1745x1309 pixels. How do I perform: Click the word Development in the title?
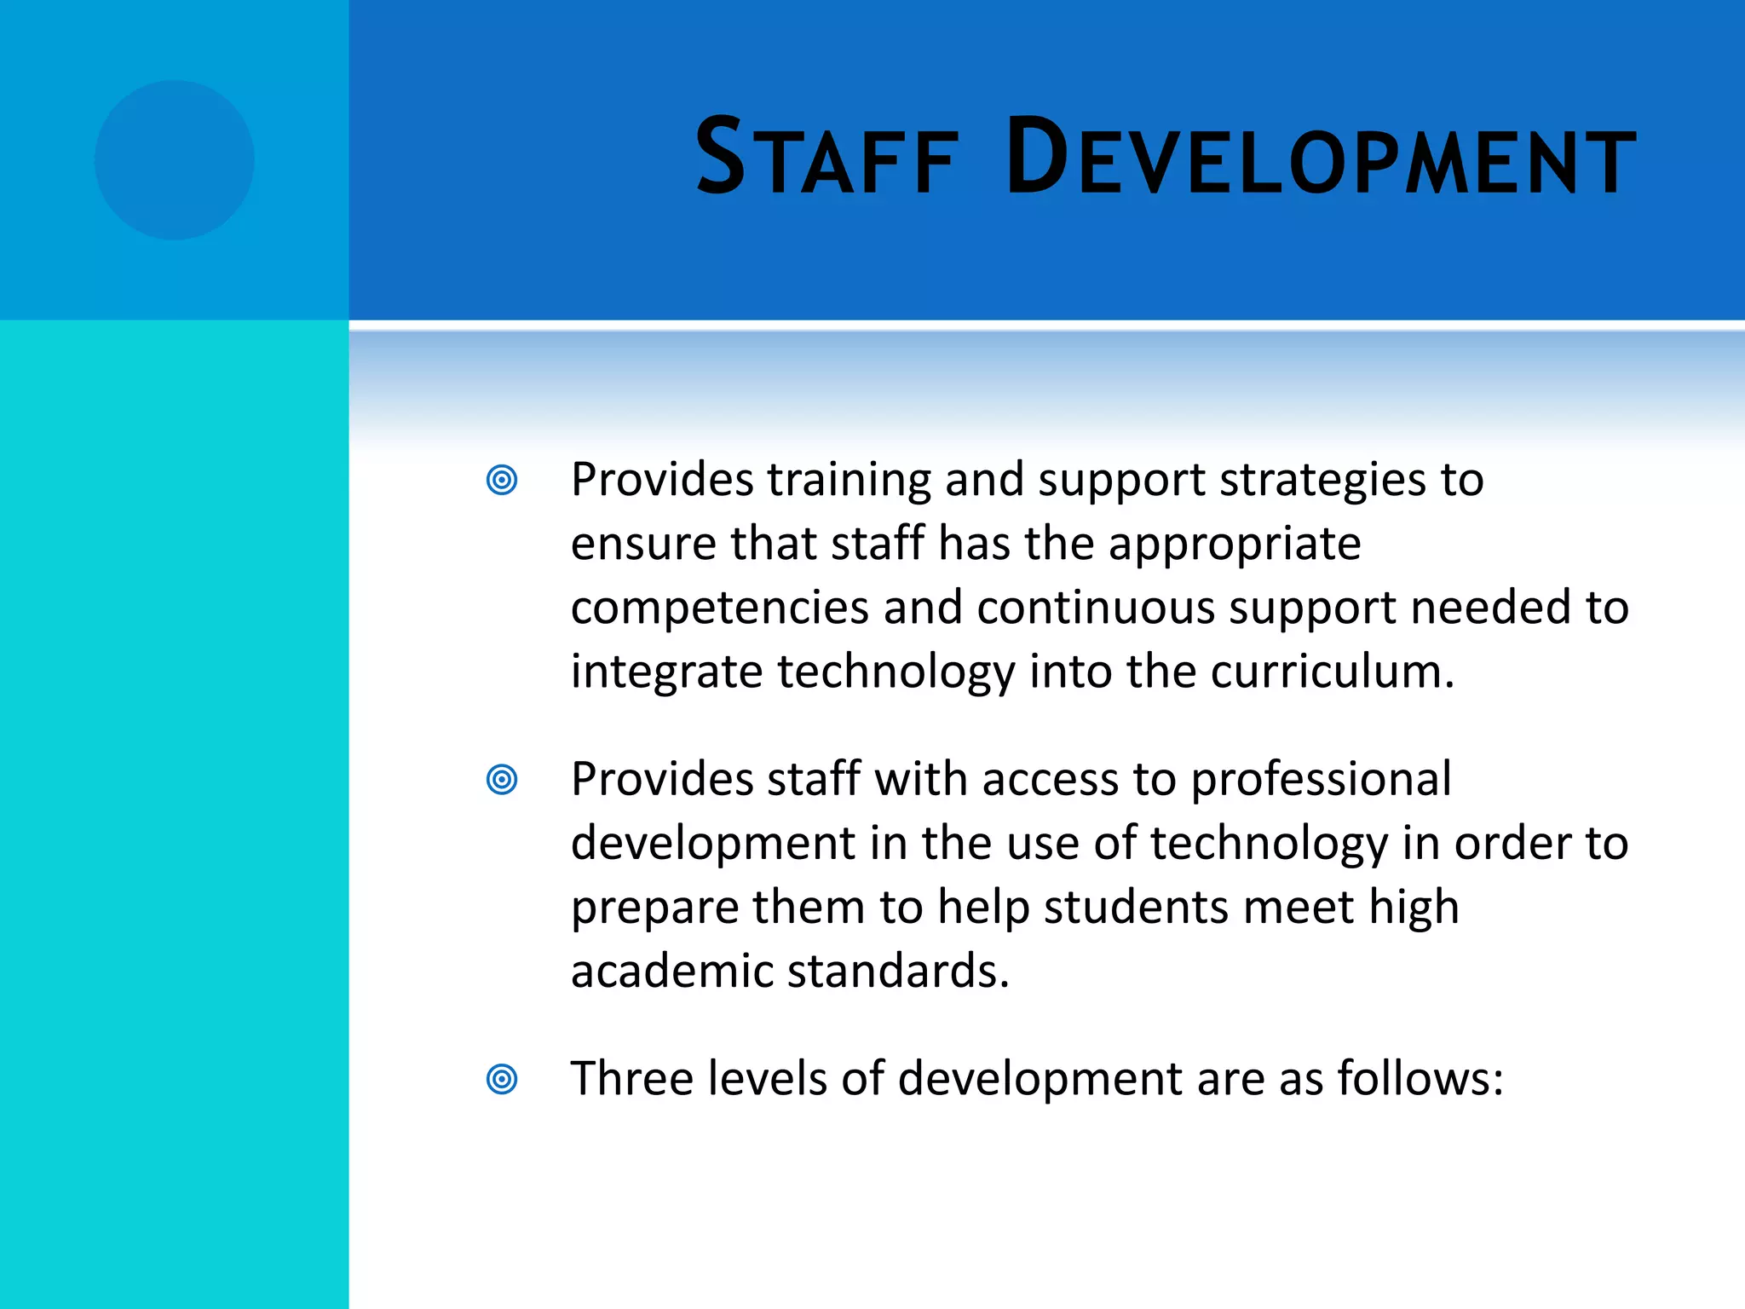tap(1320, 159)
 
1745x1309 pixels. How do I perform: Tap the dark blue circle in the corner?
tap(175, 160)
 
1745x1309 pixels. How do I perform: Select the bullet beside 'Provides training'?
tap(502, 480)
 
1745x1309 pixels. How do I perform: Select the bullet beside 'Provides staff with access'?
tap(502, 779)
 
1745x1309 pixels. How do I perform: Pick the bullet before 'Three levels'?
tap(502, 1079)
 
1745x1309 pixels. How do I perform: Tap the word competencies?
tap(720, 608)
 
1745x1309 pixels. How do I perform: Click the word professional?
tap(1321, 781)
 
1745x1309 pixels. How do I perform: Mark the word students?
tap(1136, 907)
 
